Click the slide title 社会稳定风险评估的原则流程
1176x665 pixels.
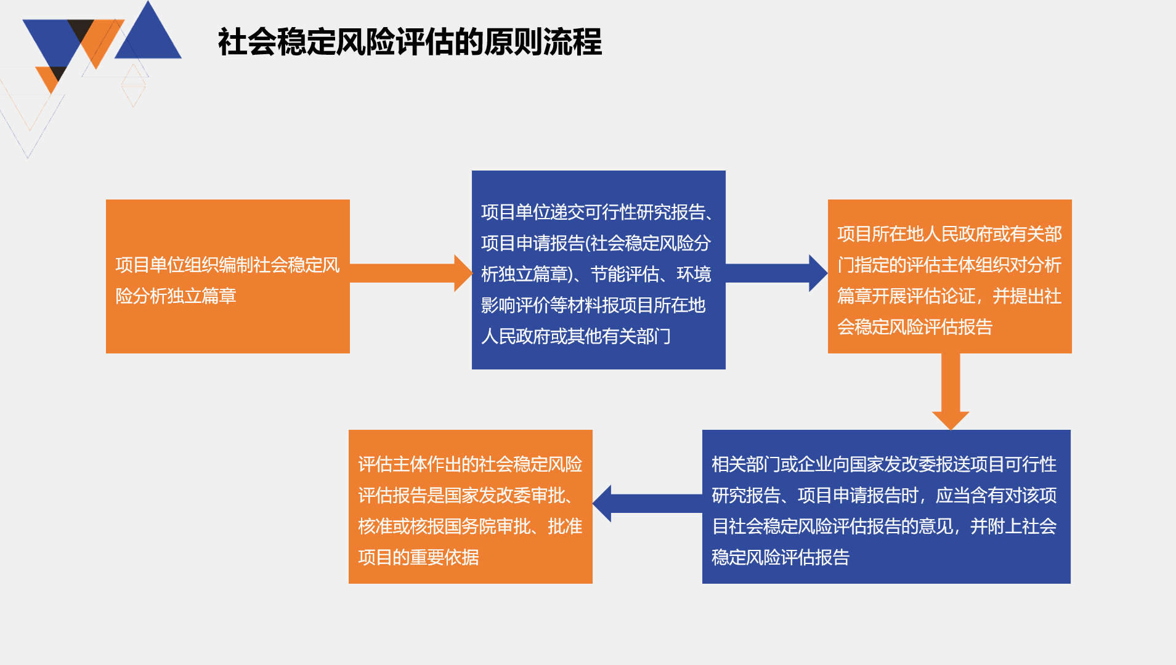[x=410, y=42]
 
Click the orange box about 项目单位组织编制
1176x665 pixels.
[x=228, y=276]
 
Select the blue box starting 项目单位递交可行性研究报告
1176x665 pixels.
[x=599, y=270]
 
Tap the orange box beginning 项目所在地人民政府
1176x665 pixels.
[x=950, y=276]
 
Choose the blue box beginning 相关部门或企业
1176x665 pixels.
[x=886, y=507]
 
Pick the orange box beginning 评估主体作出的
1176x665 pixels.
[x=471, y=507]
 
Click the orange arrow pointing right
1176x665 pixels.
[x=411, y=273]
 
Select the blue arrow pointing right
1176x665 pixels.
[x=777, y=273]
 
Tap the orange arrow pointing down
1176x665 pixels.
[x=951, y=392]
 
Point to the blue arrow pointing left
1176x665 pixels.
[x=647, y=504]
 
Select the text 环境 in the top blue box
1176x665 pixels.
[x=694, y=274]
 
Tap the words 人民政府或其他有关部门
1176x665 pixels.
[x=576, y=336]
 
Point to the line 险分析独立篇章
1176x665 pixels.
[x=176, y=296]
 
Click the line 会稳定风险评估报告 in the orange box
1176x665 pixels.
[x=915, y=327]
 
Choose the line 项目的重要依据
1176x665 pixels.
[x=418, y=557]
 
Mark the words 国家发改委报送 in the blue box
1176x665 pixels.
[x=909, y=464]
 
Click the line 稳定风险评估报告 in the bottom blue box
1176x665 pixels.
[x=781, y=557]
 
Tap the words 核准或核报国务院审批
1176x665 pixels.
[x=444, y=526]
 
